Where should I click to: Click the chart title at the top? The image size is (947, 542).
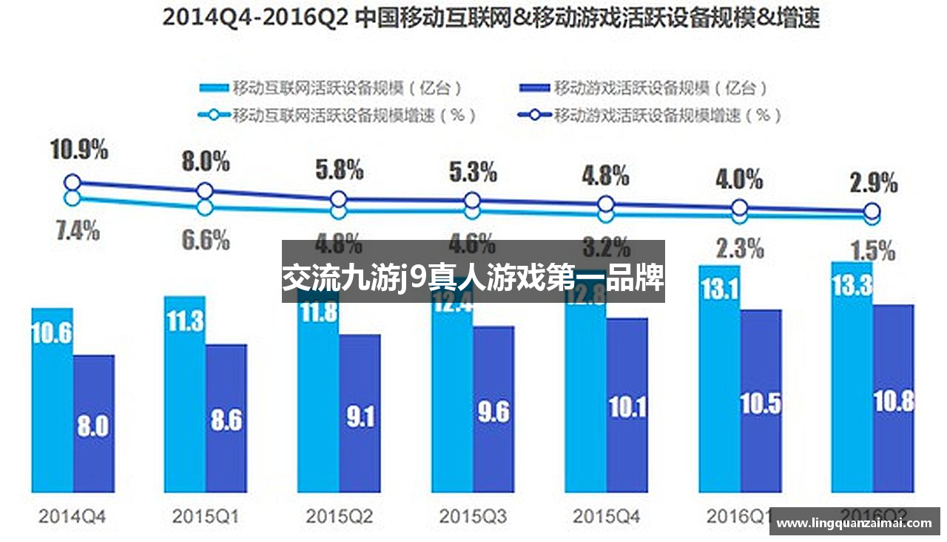pos(491,18)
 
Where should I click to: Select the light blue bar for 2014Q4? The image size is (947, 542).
pos(52,400)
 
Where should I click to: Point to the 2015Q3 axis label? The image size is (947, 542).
pos(473,516)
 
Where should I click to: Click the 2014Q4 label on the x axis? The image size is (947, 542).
pos(72,516)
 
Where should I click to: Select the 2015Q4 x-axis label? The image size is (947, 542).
pos(606,516)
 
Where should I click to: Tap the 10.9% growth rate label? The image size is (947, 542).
pos(79,150)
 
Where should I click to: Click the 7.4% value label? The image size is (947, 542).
pos(77,230)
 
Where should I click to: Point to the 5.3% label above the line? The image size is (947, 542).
pos(473,173)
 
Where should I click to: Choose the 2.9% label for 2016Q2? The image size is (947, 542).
pos(873,182)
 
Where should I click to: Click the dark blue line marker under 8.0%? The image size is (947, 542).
pos(206,191)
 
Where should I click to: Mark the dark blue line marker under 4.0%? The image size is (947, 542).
pos(739,208)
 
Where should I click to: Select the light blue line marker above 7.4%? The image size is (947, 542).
pos(72,198)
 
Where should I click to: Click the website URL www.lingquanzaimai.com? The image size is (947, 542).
pos(854,523)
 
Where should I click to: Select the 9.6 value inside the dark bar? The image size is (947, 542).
pos(493,412)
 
